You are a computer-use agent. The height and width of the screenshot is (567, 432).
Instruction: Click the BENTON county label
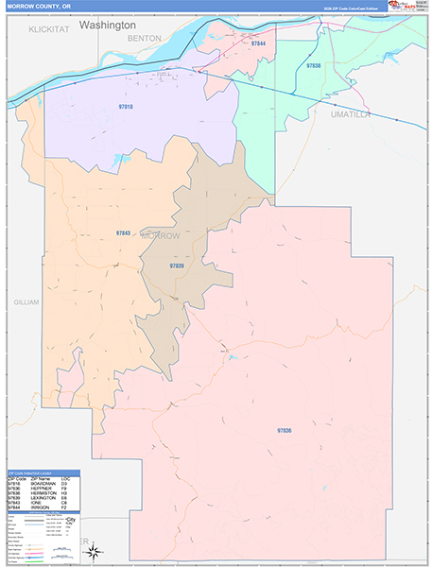[x=145, y=38]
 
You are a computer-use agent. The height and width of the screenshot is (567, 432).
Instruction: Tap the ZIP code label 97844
[x=258, y=44]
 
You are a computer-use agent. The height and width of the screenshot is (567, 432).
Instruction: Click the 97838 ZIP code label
[x=314, y=66]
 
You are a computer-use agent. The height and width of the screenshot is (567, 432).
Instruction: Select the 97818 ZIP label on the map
[x=126, y=107]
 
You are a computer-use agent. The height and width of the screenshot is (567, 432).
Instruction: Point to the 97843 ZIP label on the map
[x=123, y=232]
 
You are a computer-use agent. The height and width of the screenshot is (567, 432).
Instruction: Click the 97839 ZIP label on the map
[x=177, y=266]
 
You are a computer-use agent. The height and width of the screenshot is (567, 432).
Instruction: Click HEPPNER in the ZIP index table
[x=43, y=489]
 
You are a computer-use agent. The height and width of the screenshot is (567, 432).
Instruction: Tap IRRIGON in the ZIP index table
[x=43, y=507]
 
